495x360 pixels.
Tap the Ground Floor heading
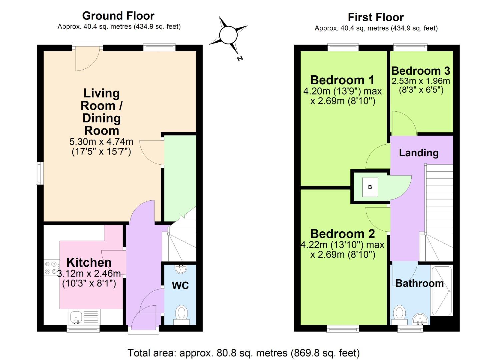[x=118, y=16]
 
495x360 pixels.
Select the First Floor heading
[x=376, y=17]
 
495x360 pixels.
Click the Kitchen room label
[x=89, y=262]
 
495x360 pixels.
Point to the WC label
[x=180, y=285]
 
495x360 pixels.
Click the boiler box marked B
[x=370, y=187]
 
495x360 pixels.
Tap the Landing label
[x=419, y=153]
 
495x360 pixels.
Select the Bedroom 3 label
[x=421, y=71]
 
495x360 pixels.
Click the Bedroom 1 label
[x=342, y=80]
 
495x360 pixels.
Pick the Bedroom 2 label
[x=342, y=234]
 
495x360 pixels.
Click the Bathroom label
[x=419, y=283]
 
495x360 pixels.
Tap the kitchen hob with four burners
[x=51, y=268]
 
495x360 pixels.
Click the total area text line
[x=244, y=353]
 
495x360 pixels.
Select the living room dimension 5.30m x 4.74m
[x=101, y=142]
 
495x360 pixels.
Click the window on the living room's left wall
[x=40, y=173]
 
